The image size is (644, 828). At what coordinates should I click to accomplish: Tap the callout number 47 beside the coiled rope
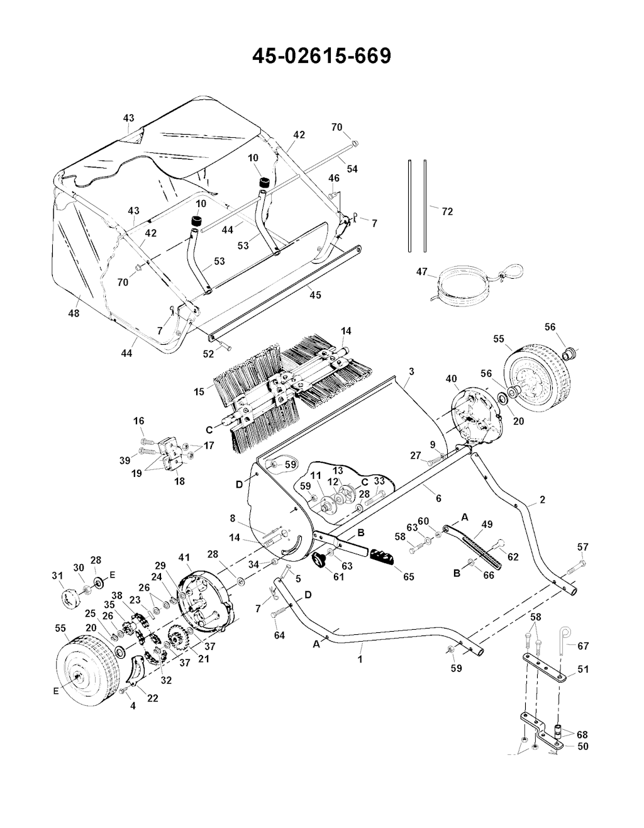pyautogui.click(x=421, y=272)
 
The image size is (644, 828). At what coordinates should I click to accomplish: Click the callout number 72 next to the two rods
pyautogui.click(x=448, y=211)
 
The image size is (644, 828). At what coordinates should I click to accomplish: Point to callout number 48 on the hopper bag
pyautogui.click(x=74, y=313)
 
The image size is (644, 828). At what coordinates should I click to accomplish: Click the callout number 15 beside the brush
pyautogui.click(x=199, y=392)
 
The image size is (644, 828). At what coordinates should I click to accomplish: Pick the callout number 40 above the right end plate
pyautogui.click(x=452, y=379)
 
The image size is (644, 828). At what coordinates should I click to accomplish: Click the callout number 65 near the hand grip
pyautogui.click(x=409, y=576)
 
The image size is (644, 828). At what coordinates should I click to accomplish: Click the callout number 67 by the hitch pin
pyautogui.click(x=583, y=646)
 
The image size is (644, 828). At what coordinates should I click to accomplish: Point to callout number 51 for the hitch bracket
pyautogui.click(x=583, y=669)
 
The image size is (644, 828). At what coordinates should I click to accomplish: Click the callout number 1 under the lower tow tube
pyautogui.click(x=360, y=659)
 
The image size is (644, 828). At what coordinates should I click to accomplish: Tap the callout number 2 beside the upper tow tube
pyautogui.click(x=543, y=499)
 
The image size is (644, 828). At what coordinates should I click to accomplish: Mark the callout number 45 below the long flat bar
pyautogui.click(x=315, y=295)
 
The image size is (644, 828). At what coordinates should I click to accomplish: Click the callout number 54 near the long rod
pyautogui.click(x=352, y=169)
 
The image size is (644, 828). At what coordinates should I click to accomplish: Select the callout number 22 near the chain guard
pyautogui.click(x=153, y=698)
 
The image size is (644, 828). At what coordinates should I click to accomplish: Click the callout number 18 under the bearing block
pyautogui.click(x=179, y=481)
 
